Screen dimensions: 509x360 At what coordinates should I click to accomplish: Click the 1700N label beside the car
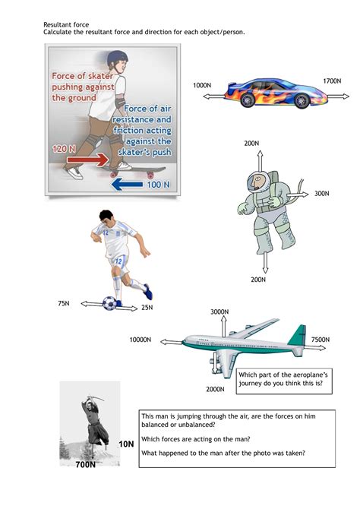tap(333, 81)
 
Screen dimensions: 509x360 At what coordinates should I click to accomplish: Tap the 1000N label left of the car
tap(202, 86)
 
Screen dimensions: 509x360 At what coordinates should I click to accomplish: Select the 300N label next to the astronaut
tap(322, 194)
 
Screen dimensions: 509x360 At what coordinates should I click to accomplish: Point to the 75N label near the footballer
tap(65, 304)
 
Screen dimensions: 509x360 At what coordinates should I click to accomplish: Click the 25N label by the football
tap(147, 308)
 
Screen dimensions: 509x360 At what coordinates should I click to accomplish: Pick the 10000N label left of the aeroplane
tap(141, 340)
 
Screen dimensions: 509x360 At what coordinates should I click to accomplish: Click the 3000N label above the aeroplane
tap(219, 312)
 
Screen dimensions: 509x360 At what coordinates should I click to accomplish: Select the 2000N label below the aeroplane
tap(215, 390)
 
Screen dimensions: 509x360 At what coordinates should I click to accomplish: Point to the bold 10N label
tap(126, 443)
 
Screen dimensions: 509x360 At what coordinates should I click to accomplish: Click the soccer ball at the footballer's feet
tap(110, 303)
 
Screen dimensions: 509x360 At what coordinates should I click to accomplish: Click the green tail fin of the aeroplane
tap(297, 335)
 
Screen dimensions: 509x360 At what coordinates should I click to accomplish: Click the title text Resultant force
tap(63, 24)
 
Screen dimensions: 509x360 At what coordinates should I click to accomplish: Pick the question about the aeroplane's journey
tap(285, 380)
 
